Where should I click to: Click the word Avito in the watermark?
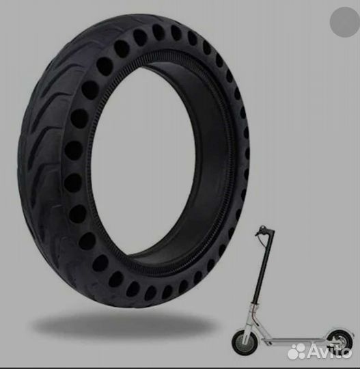coord(329,351)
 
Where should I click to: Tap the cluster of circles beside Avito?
coord(296,351)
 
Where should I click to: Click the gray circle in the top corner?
coord(345,22)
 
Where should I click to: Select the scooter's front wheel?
coord(243,341)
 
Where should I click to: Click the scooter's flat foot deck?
coord(296,340)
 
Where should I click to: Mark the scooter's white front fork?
coord(249,323)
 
